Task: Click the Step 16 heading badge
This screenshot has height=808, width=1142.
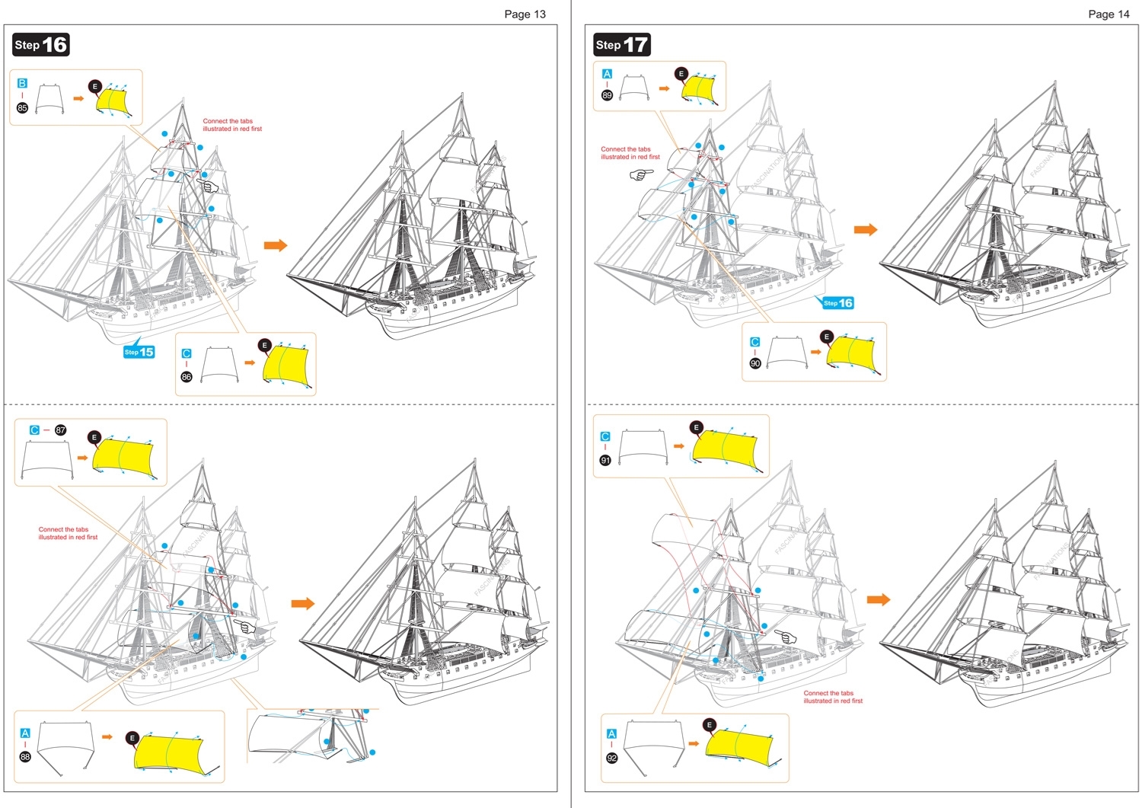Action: (x=41, y=45)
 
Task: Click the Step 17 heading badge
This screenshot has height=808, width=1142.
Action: (x=621, y=45)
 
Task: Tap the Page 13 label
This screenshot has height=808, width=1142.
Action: (x=525, y=14)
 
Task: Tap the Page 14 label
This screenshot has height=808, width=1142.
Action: (x=1109, y=14)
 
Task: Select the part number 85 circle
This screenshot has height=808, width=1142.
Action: (x=22, y=108)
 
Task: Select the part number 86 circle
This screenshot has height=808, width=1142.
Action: (x=187, y=377)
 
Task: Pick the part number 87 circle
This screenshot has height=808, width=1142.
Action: (x=61, y=430)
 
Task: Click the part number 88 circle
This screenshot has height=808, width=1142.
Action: (x=25, y=756)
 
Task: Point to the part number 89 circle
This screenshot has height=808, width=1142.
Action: (x=607, y=95)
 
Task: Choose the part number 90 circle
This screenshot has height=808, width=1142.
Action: (x=755, y=363)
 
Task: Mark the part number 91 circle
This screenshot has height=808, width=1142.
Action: (x=605, y=460)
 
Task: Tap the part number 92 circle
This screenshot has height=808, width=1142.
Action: (x=611, y=758)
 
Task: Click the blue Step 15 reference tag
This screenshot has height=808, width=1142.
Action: (x=139, y=352)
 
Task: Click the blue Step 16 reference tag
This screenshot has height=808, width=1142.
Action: (x=837, y=303)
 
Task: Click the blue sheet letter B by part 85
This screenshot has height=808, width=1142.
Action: (x=22, y=83)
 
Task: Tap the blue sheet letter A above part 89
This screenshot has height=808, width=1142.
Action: (x=607, y=74)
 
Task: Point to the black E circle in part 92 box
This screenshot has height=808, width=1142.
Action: (x=710, y=725)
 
